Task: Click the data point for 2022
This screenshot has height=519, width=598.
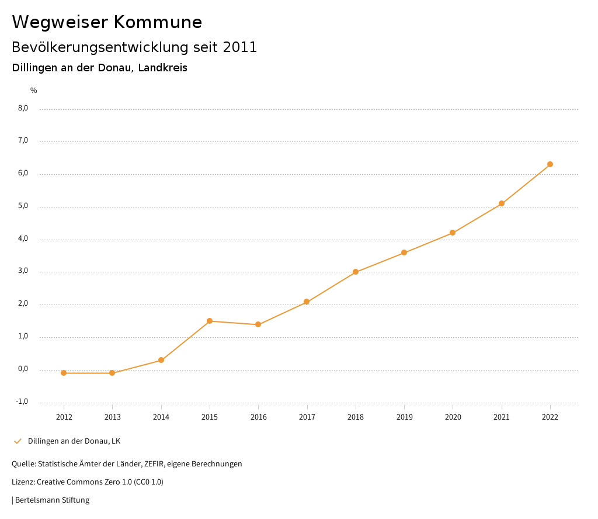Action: click(550, 164)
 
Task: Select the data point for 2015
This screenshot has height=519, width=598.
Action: click(210, 321)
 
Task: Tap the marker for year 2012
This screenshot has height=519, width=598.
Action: click(64, 373)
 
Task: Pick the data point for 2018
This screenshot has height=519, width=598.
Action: click(356, 272)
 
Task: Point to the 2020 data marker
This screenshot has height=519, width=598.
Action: click(453, 233)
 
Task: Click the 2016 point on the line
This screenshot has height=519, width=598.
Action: click(258, 324)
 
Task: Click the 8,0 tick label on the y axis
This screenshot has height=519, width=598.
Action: click(23, 108)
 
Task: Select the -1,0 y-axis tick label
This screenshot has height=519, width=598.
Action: click(22, 402)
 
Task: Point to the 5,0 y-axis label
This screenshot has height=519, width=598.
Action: click(23, 206)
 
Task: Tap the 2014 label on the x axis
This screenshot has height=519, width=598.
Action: click(161, 417)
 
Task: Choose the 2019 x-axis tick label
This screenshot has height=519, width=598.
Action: click(404, 417)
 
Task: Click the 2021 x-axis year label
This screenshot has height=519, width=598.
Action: click(502, 417)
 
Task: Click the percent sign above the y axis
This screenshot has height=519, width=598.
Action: click(34, 91)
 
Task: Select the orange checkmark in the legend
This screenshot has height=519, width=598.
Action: click(18, 441)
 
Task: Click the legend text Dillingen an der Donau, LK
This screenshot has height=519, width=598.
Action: click(74, 441)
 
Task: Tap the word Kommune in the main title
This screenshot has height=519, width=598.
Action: click(158, 22)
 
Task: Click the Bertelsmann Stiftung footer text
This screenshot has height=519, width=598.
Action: click(52, 500)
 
